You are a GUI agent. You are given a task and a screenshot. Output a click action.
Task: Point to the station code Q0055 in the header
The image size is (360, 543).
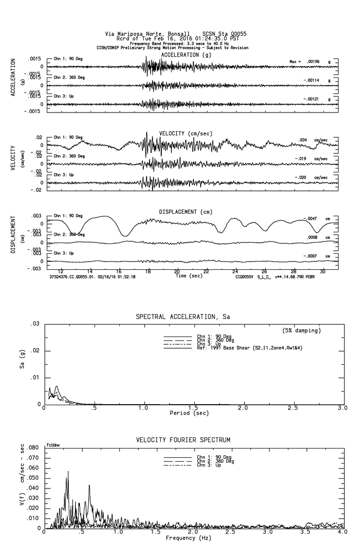[x=237, y=34]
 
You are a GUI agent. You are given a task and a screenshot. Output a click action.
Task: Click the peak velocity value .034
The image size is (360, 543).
[x=303, y=140]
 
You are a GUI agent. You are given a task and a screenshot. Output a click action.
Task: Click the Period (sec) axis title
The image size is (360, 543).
[x=189, y=413]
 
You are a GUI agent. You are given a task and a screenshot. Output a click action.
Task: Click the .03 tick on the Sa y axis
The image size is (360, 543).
[x=35, y=324]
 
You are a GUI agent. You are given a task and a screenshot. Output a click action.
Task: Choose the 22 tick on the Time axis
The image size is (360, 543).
[x=206, y=271]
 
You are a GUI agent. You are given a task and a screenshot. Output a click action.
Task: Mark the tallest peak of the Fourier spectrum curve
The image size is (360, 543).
[x=68, y=471]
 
